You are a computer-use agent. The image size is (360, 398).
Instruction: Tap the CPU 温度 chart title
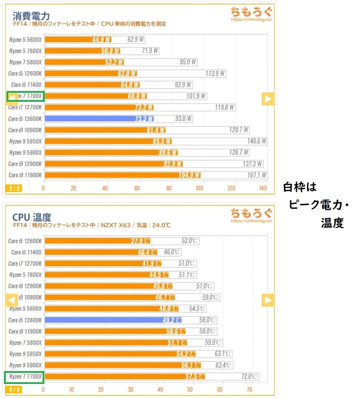coord(32,217)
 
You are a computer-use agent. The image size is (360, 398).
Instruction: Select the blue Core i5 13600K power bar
coord(99,119)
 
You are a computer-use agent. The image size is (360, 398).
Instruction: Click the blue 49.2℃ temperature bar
coord(113,320)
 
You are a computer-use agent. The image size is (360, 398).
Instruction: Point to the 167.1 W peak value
coord(257,175)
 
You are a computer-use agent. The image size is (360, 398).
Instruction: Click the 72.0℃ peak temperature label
coord(248,377)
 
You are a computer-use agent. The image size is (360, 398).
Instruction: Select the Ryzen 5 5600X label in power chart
coord(25,39)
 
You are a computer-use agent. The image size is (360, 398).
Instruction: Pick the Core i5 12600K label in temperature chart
coord(25,241)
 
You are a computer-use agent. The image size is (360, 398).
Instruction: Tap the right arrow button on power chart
coord(268,99)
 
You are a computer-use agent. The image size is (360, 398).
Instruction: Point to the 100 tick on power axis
coord(199,189)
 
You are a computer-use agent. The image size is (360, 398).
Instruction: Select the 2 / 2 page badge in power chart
coord(13,189)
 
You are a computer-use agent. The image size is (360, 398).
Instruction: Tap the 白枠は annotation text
coord(300,187)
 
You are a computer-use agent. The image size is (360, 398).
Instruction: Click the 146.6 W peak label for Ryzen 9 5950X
coord(257,141)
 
